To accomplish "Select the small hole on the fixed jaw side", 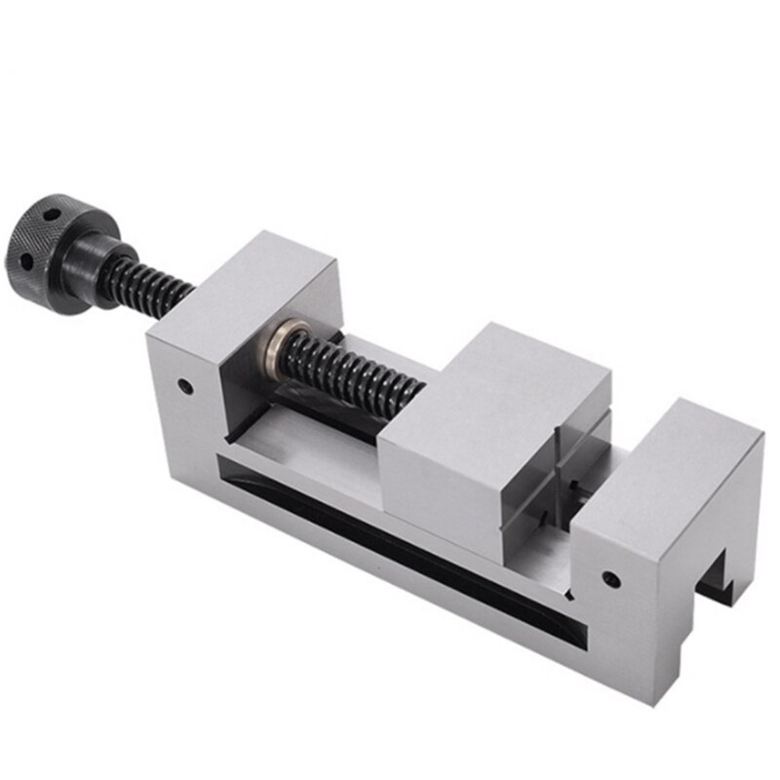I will coord(610,579).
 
